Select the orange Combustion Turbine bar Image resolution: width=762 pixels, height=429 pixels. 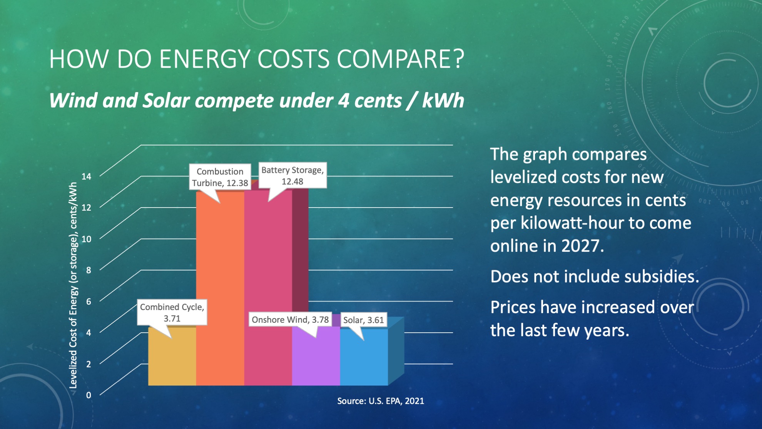pyautogui.click(x=220, y=289)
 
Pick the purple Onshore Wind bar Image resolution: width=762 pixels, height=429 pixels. pyautogui.click(x=316, y=356)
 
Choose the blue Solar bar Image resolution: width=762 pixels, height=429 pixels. pyautogui.click(x=364, y=357)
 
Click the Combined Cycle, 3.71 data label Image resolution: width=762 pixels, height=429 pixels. pyautogui.click(x=172, y=312)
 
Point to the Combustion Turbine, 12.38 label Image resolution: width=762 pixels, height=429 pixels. pyautogui.click(x=220, y=177)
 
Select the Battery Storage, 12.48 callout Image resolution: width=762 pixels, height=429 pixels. pyautogui.click(x=292, y=175)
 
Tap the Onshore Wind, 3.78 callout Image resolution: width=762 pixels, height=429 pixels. pyautogui.click(x=290, y=319)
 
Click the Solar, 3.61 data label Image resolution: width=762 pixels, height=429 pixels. pyautogui.click(x=364, y=320)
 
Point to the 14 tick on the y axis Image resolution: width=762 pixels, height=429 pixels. pyautogui.click(x=87, y=176)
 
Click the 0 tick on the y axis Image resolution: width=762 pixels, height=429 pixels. pyautogui.click(x=89, y=395)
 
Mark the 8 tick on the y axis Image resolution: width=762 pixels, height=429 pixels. pyautogui.click(x=89, y=270)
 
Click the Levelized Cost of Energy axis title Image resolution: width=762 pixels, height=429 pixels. pyautogui.click(x=73, y=285)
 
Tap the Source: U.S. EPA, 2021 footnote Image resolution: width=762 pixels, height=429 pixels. pyautogui.click(x=381, y=401)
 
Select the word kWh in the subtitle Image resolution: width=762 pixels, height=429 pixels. pyautogui.click(x=443, y=101)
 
